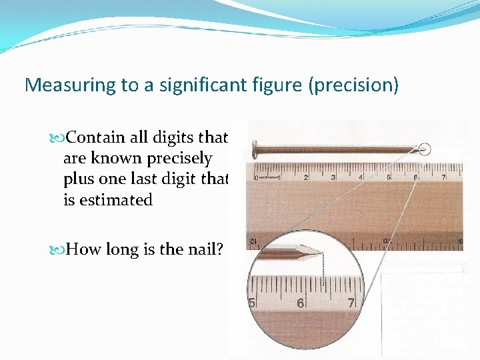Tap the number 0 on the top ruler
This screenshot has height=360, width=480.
click(257, 178)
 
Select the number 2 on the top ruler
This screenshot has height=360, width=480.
click(306, 177)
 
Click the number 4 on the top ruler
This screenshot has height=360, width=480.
click(361, 177)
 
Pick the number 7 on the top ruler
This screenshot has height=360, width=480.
click(444, 177)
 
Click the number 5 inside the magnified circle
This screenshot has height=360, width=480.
click(252, 303)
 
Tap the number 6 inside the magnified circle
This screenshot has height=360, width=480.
click(301, 303)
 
